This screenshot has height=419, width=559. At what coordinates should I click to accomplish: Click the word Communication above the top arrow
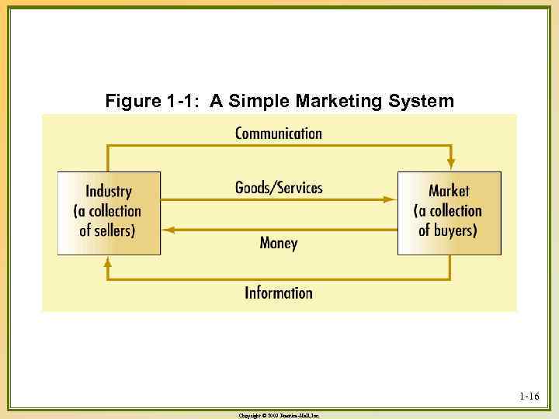pos(278,133)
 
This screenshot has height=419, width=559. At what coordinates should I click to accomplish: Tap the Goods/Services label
pos(279,188)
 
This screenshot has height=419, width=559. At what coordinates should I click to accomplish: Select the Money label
pos(278,243)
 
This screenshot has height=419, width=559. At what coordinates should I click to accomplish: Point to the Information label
pos(278,293)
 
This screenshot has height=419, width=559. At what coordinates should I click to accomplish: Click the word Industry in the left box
pos(109,192)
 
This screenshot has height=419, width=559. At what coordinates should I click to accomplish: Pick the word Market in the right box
pos(449,191)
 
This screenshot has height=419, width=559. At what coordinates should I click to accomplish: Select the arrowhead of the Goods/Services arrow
pos(391,199)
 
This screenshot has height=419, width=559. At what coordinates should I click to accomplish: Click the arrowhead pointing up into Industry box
pos(108,261)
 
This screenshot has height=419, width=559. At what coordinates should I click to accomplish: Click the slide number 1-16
pos(529,397)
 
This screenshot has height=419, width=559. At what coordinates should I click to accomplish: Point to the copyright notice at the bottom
pos(279,416)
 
